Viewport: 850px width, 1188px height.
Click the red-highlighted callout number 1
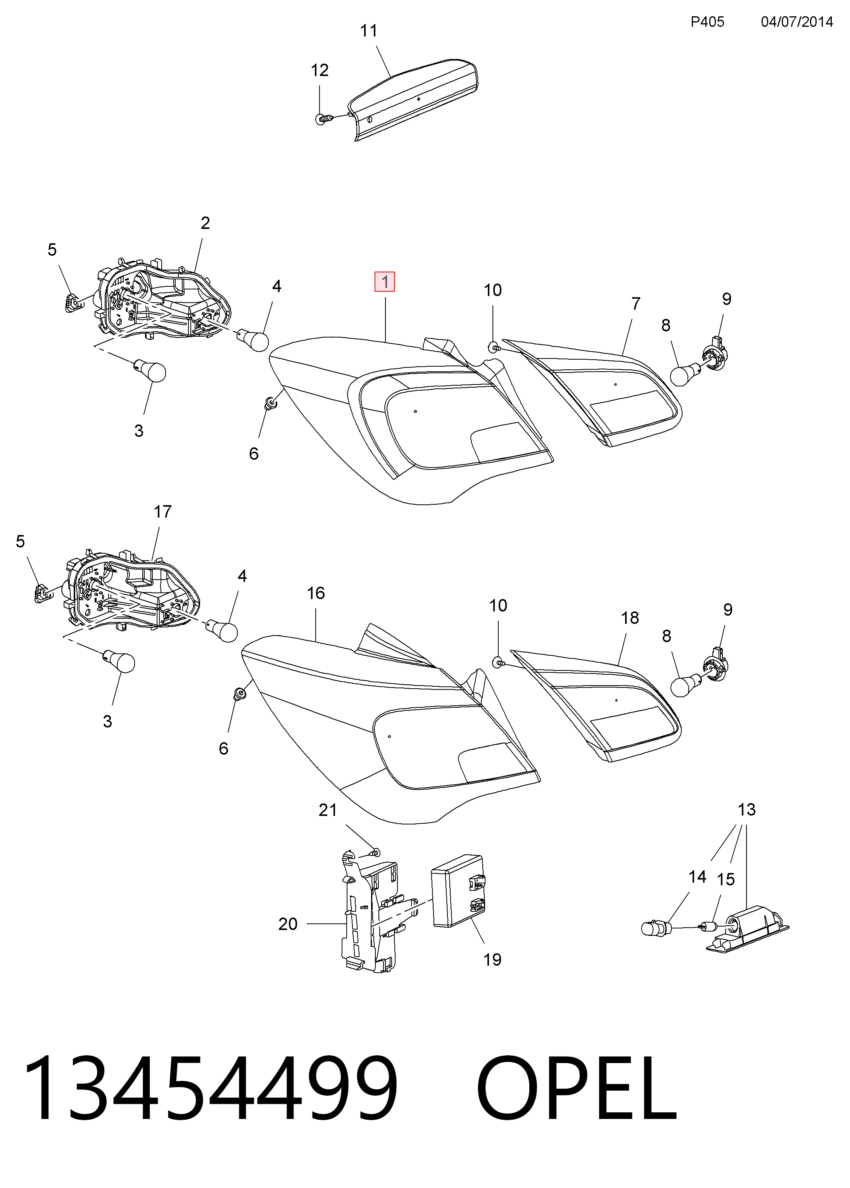tap(385, 282)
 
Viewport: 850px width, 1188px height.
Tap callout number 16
tap(316, 593)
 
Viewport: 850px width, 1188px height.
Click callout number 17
tap(162, 511)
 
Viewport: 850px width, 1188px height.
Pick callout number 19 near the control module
tap(492, 960)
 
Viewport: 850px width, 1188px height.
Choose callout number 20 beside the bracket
tap(288, 924)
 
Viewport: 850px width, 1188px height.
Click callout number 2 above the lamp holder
tap(205, 223)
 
